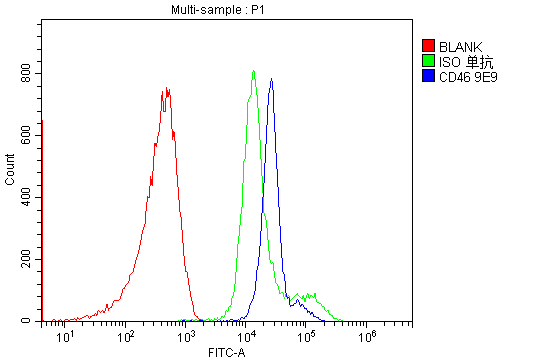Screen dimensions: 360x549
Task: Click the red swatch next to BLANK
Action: pos(428,46)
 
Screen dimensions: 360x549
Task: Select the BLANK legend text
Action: pos(460,46)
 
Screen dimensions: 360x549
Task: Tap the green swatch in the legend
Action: pos(428,61)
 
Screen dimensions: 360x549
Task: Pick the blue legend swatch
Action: pos(428,76)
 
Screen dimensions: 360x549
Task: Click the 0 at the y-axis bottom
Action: pos(32,320)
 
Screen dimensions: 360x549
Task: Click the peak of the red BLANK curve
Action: pos(165,89)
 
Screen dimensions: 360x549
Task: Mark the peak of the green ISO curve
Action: pos(254,70)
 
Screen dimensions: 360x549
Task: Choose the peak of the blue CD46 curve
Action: pos(271,79)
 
